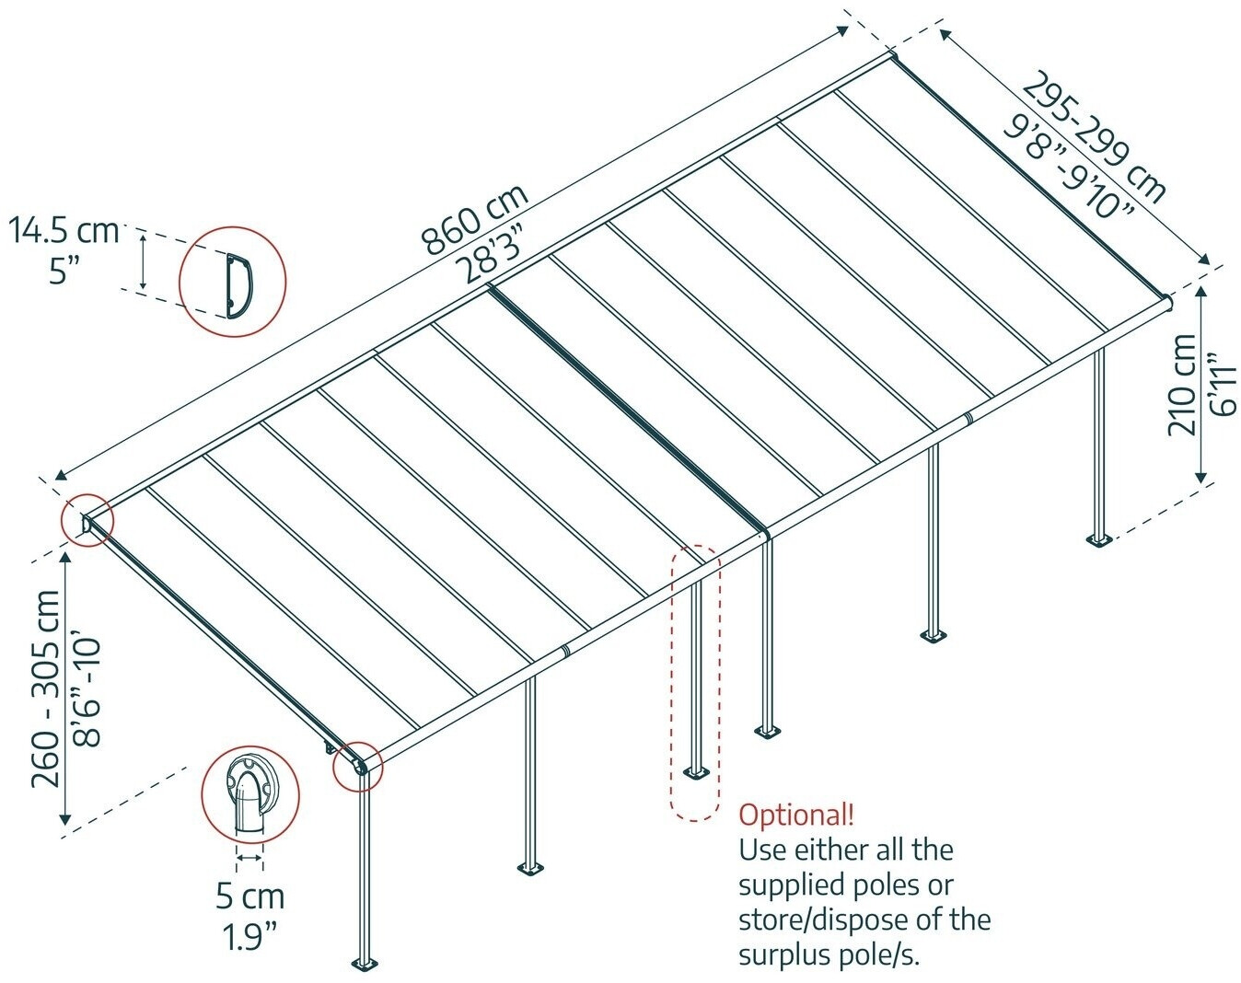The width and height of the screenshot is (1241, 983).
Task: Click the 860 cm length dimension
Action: [x=475, y=219]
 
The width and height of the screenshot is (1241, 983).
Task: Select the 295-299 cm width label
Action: [x=1094, y=136]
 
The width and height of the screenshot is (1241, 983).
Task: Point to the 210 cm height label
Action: [x=1183, y=384]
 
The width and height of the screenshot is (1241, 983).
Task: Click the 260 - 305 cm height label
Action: [x=46, y=688]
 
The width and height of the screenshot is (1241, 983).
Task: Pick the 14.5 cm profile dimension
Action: [x=64, y=230]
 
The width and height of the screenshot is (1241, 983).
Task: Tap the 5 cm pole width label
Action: [x=250, y=896]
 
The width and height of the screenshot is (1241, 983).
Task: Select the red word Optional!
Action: [x=796, y=815]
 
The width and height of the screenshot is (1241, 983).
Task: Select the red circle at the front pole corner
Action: [x=358, y=766]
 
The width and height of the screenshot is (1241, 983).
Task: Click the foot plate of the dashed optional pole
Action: [x=695, y=770]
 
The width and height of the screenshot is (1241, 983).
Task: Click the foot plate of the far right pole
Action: [x=1099, y=539]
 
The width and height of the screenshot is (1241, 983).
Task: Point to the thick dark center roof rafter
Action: [x=626, y=410]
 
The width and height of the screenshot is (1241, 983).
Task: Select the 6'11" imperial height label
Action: [x=1217, y=384]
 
